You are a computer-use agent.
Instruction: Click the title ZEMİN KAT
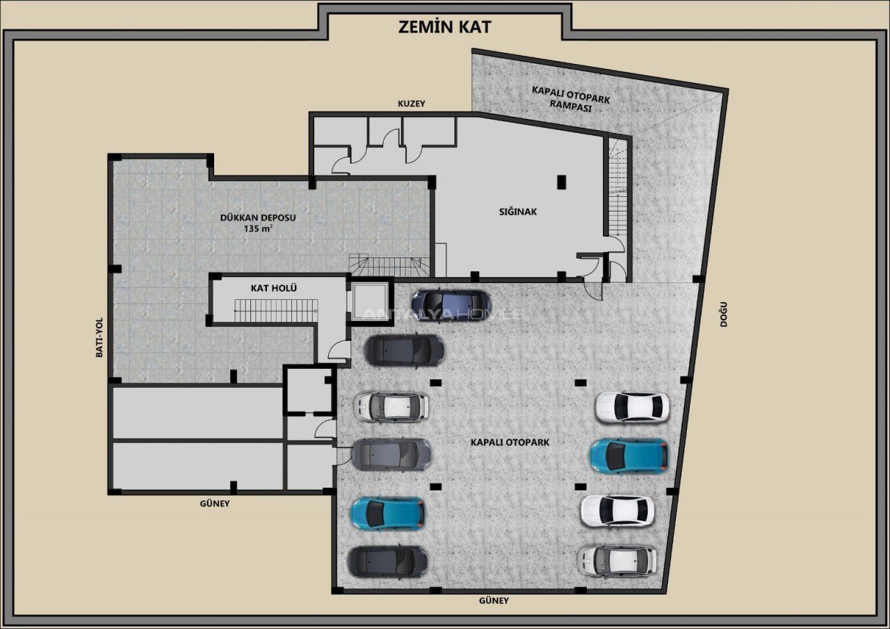point(444,27)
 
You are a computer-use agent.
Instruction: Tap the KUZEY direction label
point(411,104)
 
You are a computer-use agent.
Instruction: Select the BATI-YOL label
point(99,337)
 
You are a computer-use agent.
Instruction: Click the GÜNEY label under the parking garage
point(494,600)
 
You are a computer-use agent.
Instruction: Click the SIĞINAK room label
point(518,212)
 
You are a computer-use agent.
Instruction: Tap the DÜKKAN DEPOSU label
point(258,218)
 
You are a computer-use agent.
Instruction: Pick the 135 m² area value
point(258,229)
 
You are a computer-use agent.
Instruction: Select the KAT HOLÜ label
point(274,288)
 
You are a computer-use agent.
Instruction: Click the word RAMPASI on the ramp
point(570,107)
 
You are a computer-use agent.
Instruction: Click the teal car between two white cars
point(629,456)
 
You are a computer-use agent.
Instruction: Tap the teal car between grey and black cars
point(388,513)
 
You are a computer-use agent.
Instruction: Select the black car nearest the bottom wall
point(387,562)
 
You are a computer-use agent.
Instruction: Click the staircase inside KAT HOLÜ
point(276,310)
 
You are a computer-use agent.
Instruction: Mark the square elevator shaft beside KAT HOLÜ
point(369,301)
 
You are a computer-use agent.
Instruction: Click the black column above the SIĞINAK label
point(561,182)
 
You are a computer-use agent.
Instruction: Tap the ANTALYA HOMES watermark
point(442,314)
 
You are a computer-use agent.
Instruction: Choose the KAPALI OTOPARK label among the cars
point(510,442)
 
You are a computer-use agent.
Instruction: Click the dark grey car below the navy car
point(404,350)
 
